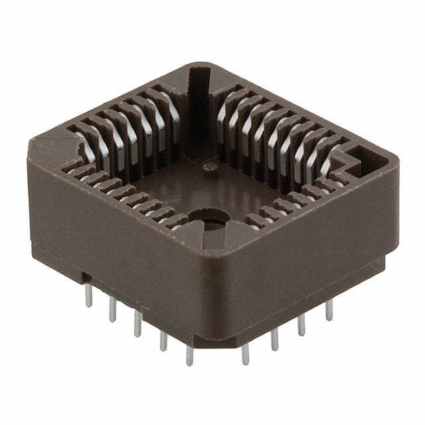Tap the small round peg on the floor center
pos(209,167)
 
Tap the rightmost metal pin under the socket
pos(329,308)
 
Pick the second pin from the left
pos(113,308)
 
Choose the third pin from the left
pos(137,322)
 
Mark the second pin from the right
pos(301,323)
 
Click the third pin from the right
pos(274,338)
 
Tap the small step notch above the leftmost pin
pos(85,274)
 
